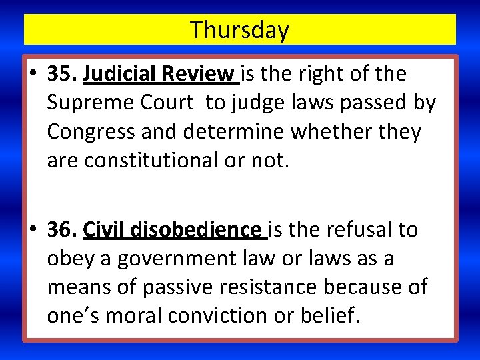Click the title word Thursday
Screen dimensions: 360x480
pos(239,30)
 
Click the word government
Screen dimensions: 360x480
pos(176,259)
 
